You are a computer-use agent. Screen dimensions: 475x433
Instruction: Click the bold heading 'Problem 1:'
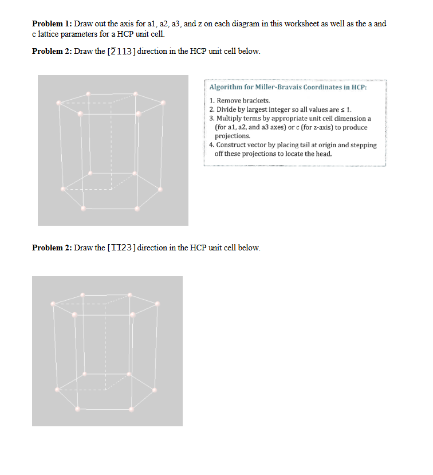tap(51, 23)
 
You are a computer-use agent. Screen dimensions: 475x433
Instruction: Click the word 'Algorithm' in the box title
tap(226, 88)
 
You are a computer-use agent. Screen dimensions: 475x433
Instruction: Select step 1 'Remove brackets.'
tap(236, 101)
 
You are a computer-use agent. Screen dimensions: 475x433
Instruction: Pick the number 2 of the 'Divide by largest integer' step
tap(211, 109)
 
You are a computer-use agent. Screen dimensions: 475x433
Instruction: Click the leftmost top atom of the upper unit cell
tap(59, 103)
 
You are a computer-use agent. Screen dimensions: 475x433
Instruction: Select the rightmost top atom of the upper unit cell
tap(163, 103)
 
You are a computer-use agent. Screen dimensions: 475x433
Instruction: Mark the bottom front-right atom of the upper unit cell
tap(137, 209)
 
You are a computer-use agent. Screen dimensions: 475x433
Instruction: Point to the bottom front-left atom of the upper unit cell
tap(84, 209)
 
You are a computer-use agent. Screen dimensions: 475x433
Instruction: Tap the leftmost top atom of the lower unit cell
tap(53, 304)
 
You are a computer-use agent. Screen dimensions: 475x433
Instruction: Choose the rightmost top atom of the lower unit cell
tap(158, 304)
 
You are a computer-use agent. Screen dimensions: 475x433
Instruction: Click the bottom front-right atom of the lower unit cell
tap(132, 409)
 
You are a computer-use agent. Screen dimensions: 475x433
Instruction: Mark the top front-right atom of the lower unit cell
tap(133, 315)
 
